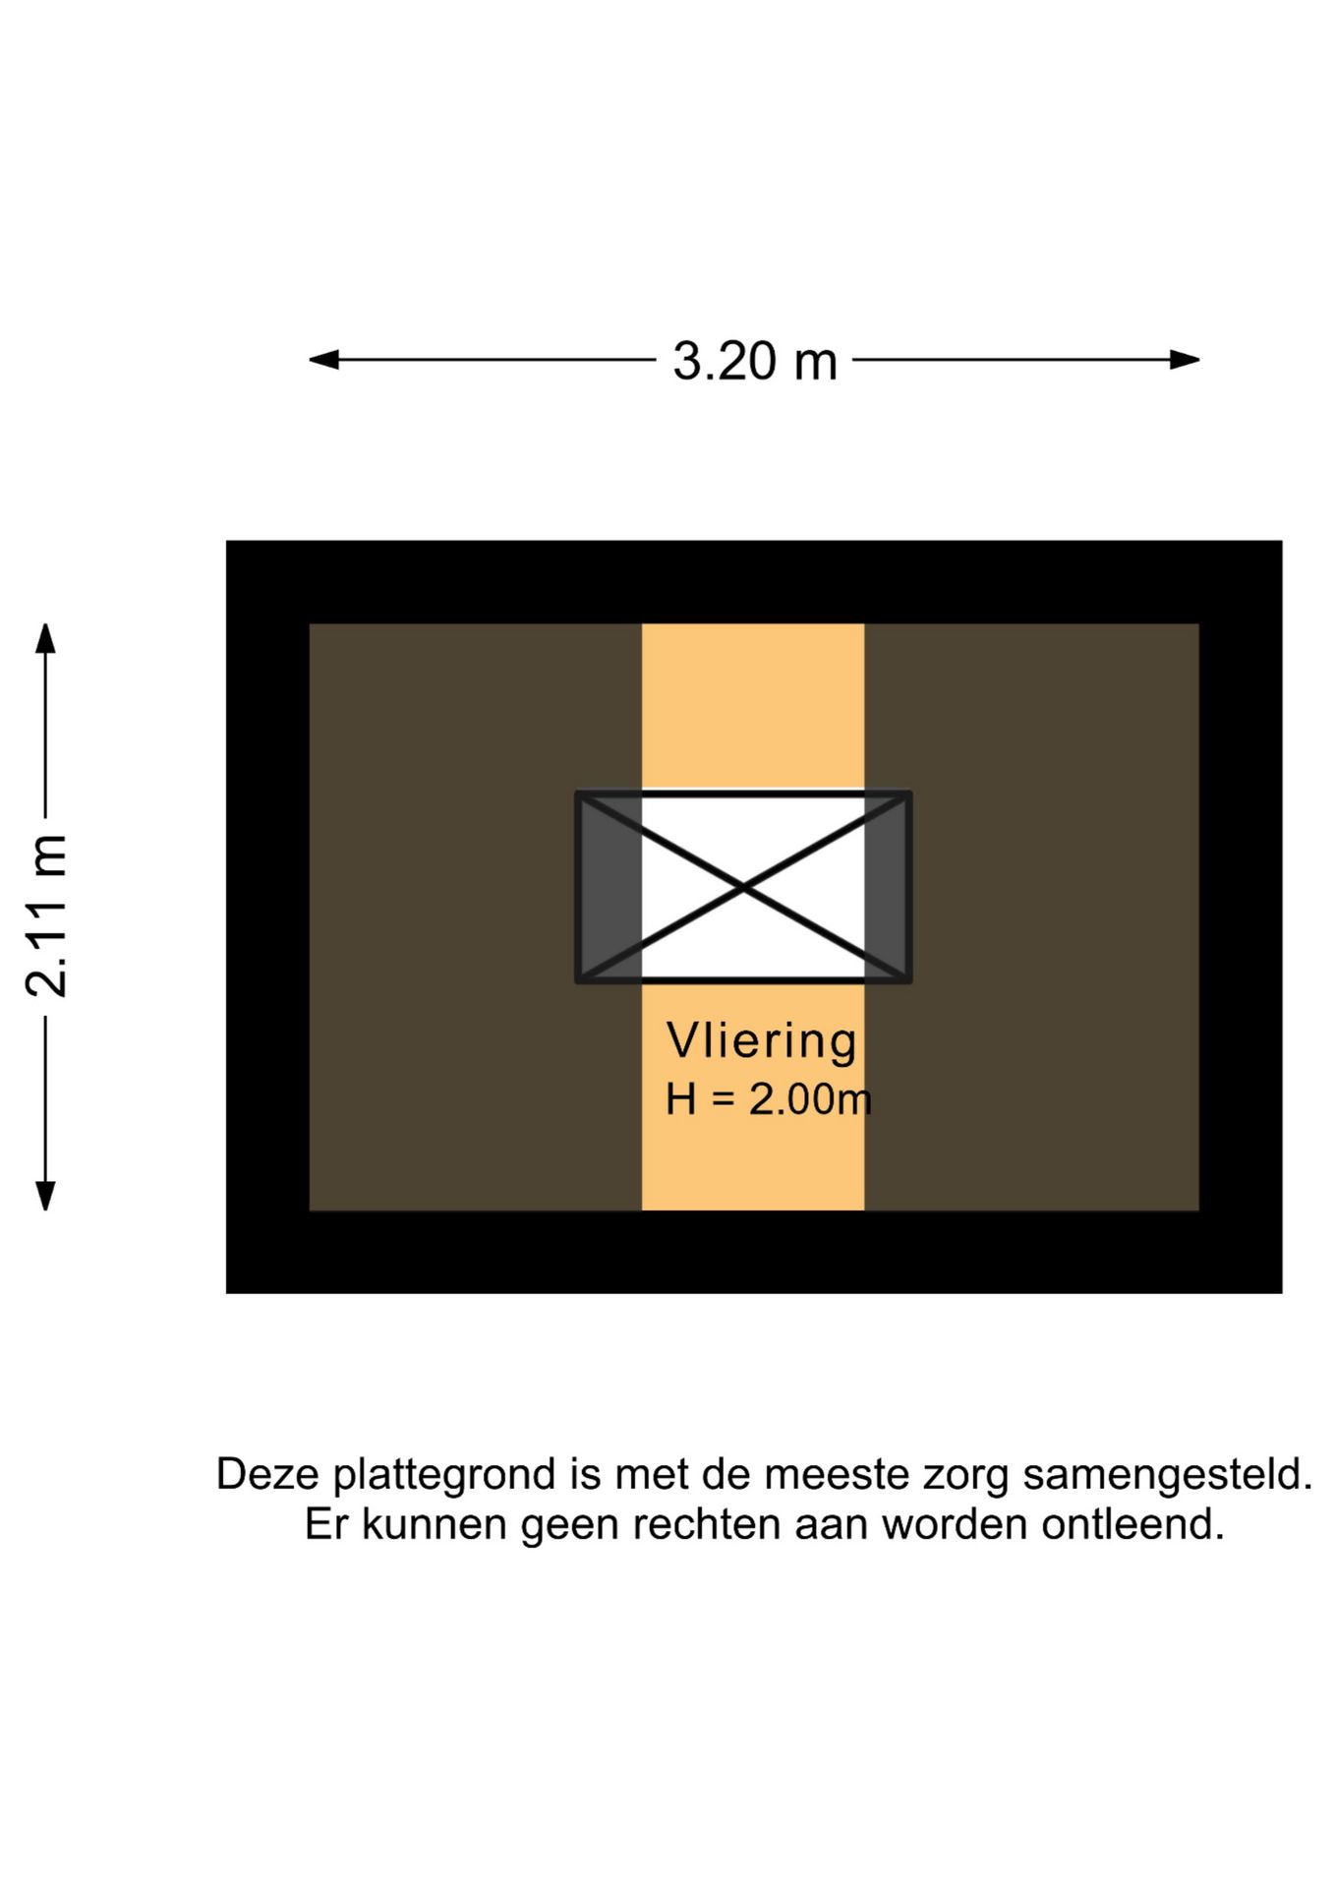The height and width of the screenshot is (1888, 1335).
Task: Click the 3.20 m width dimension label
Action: coord(754,361)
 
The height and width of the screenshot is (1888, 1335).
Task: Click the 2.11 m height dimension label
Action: coord(47,915)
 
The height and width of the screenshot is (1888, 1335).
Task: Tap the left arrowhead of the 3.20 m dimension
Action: coord(323,360)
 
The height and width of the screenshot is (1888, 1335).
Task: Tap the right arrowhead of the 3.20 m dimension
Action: coord(1185,360)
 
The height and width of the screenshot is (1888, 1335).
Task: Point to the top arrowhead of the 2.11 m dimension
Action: coord(45,638)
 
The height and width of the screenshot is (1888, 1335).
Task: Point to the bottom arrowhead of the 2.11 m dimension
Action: coord(45,1196)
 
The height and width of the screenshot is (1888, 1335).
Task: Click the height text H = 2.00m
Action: coord(769,1099)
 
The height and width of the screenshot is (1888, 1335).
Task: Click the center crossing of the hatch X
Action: coord(744,887)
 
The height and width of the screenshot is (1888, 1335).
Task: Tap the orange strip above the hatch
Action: coord(753,706)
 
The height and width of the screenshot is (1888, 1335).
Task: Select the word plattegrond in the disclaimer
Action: coord(446,1476)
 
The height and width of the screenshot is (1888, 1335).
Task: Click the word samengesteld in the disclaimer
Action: coord(1168,1476)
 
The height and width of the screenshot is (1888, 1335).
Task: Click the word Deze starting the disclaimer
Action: coord(268,1475)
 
